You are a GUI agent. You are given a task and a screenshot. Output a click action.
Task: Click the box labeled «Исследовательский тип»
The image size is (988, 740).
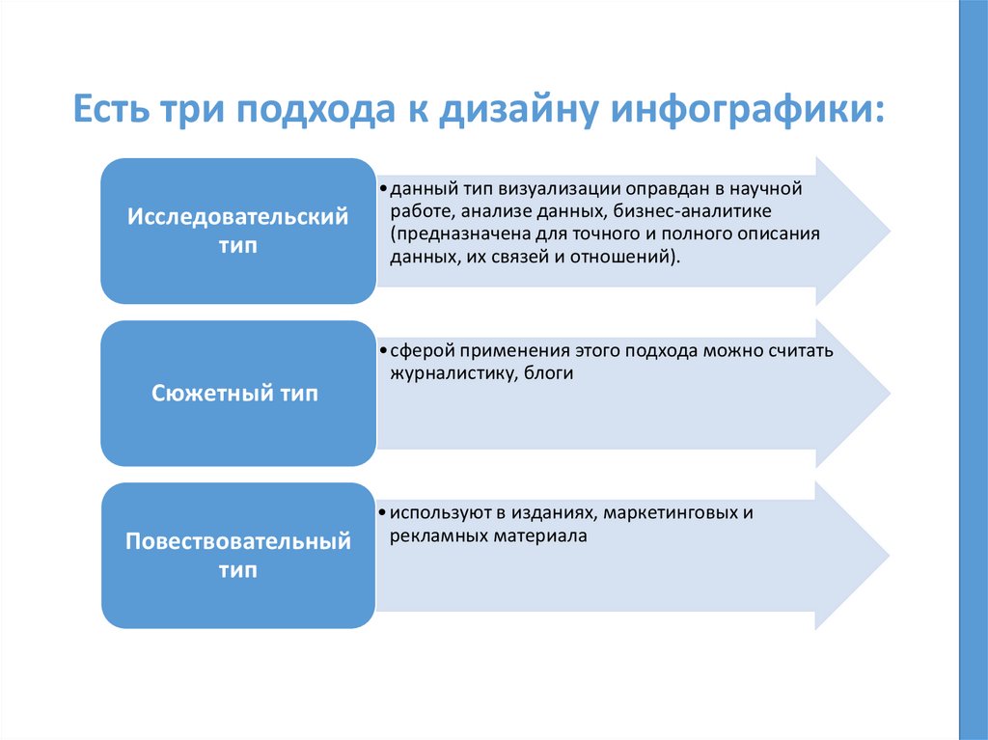coord(237,232)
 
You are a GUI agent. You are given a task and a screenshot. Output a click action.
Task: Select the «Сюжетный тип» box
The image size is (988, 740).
coord(237,394)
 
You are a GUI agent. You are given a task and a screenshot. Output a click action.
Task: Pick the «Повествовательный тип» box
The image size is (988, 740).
coord(237,556)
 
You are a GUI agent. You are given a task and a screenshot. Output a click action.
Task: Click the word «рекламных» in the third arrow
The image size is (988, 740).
coord(430,535)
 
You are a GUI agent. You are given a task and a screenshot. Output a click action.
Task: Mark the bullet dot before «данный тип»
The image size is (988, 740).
coord(382,189)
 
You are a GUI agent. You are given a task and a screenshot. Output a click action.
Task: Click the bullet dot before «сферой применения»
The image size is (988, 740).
coord(382,351)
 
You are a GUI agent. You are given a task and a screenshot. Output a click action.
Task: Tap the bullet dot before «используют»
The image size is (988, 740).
coord(382,513)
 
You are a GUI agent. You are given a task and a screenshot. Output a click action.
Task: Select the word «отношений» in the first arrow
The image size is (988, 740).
coord(628,258)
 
